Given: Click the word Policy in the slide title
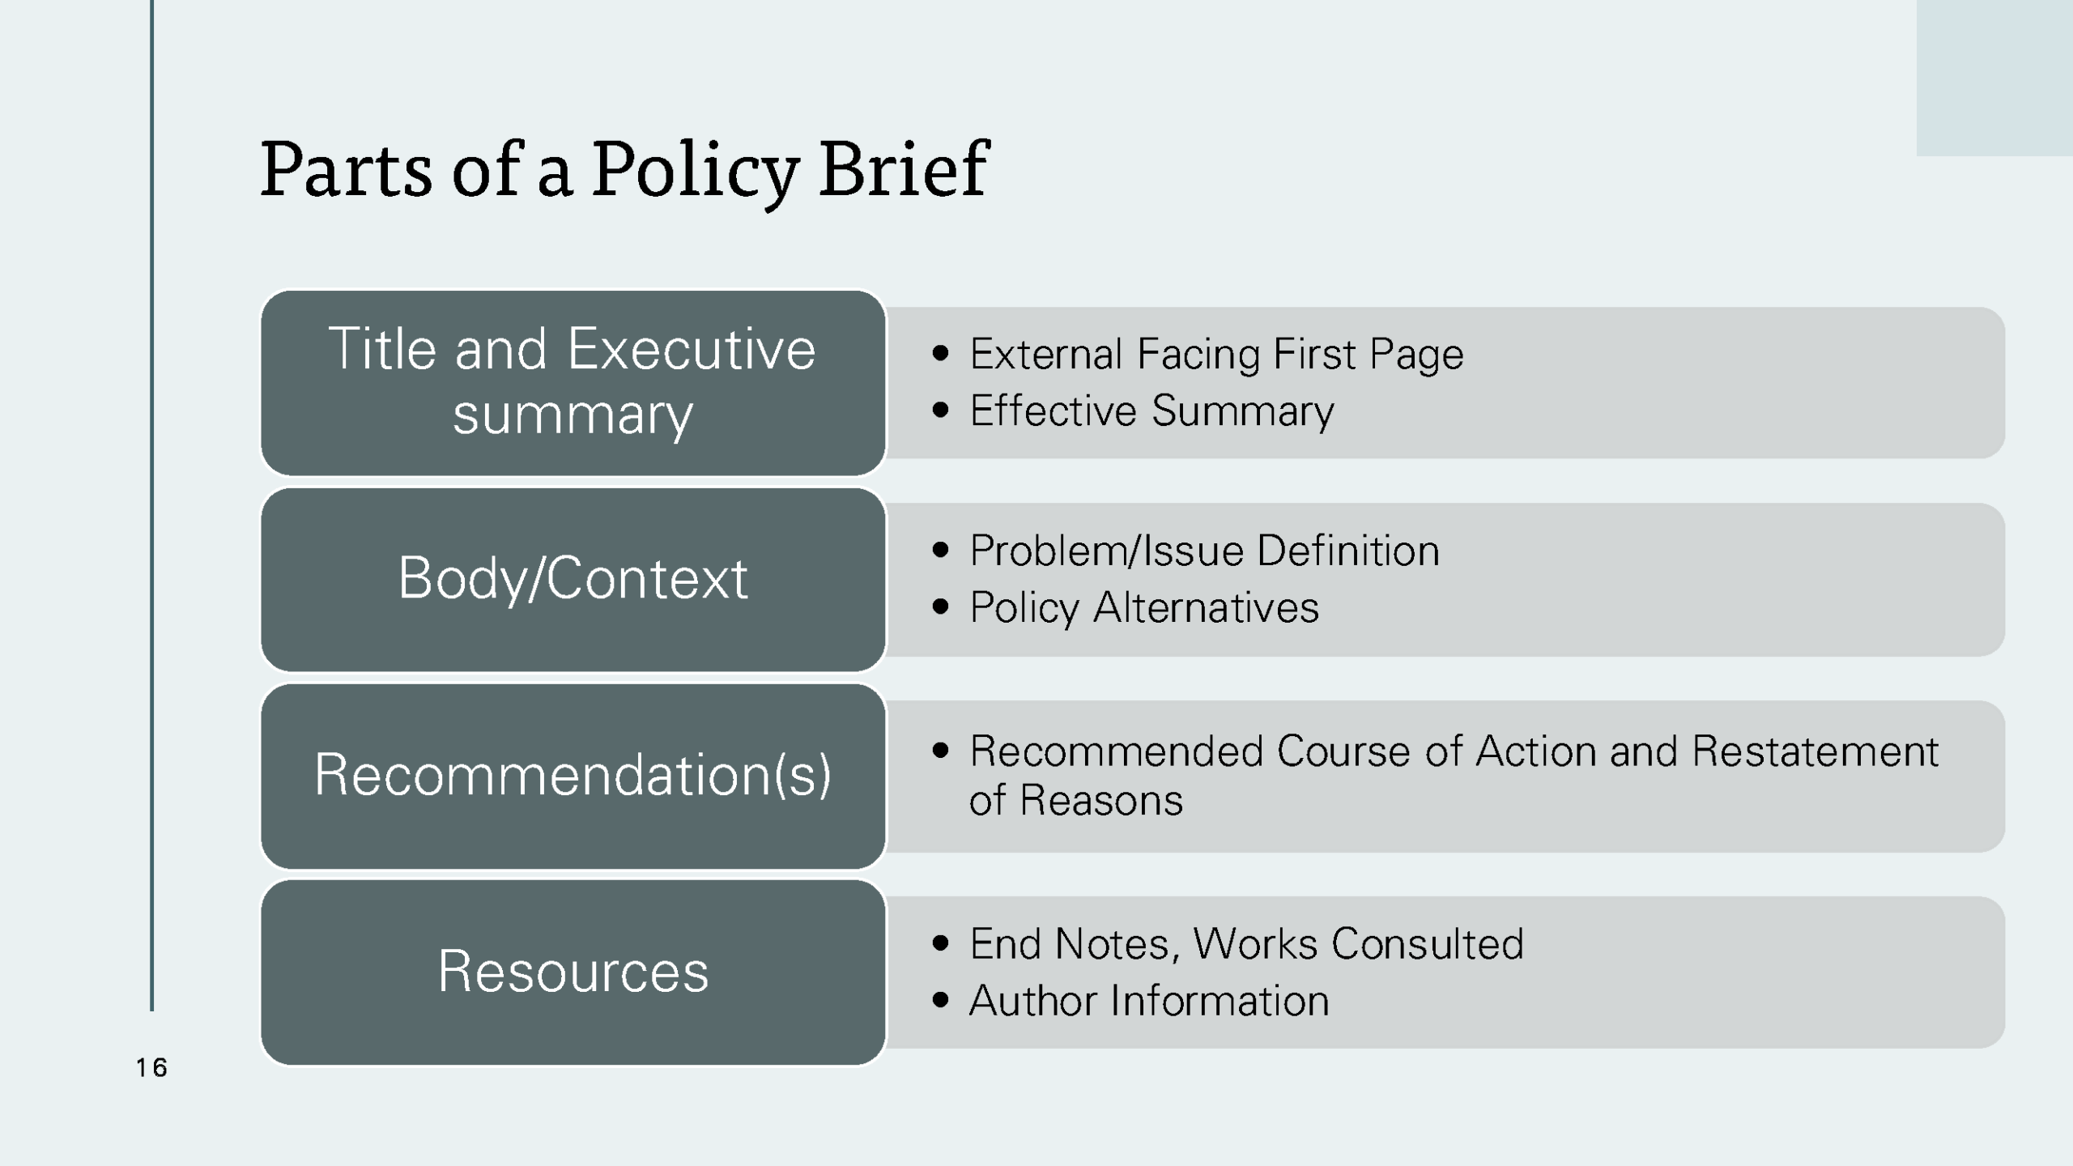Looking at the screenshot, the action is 695,170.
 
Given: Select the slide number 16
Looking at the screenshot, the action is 151,1068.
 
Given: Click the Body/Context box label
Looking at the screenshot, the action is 573,578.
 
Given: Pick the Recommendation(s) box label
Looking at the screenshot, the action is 573,775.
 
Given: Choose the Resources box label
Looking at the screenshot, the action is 573,971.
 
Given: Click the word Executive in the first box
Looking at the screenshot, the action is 691,350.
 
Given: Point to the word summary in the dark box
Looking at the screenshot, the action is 573,415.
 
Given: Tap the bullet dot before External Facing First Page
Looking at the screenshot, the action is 940,353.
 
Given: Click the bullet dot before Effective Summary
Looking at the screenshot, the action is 940,410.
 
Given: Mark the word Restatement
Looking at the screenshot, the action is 1815,751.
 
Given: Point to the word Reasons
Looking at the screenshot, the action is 1100,801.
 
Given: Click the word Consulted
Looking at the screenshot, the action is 1427,944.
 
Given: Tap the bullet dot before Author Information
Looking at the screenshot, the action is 940,1000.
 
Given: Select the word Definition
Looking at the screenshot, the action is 1348,551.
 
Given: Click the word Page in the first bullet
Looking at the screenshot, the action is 1416,355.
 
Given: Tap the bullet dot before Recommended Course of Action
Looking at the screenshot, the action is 940,750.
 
